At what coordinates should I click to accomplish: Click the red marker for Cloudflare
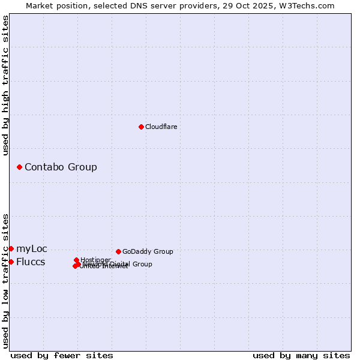[141, 127]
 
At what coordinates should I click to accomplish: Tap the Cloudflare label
[161, 127]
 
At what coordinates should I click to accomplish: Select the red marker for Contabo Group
[19, 167]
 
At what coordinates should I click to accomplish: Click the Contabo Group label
[61, 167]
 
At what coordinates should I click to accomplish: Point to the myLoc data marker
[11, 248]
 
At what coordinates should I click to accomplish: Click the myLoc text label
[31, 248]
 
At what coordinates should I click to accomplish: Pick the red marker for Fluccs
[11, 262]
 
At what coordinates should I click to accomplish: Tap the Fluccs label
[31, 262]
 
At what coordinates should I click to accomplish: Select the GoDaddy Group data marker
[118, 251]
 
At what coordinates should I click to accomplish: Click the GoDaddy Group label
[148, 251]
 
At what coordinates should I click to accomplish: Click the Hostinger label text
[95, 260]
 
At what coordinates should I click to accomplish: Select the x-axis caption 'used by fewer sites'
[62, 355]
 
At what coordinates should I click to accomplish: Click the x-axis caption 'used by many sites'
[301, 355]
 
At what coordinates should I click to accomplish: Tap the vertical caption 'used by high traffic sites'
[6, 85]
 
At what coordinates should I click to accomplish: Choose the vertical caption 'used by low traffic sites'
[6, 281]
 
